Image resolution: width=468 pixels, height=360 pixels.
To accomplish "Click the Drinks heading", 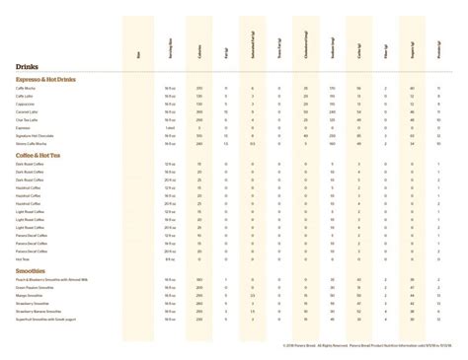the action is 28,65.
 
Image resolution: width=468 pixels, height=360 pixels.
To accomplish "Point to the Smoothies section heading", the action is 32,271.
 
